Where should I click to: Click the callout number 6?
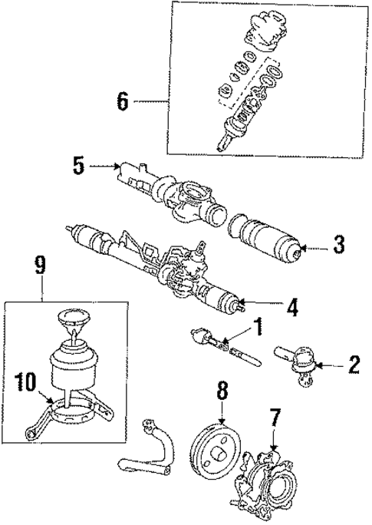pos(123,101)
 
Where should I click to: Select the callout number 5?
pos(77,165)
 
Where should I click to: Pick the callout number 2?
pos(353,364)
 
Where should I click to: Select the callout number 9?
pos(40,266)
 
